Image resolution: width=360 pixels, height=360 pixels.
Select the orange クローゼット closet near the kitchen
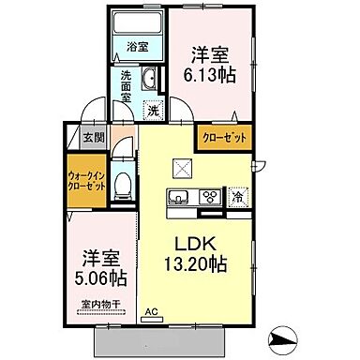(224, 138)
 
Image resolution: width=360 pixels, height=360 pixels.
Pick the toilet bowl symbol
(122, 185)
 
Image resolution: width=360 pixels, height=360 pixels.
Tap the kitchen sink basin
(178, 198)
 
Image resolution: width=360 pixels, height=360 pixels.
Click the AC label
(151, 317)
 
